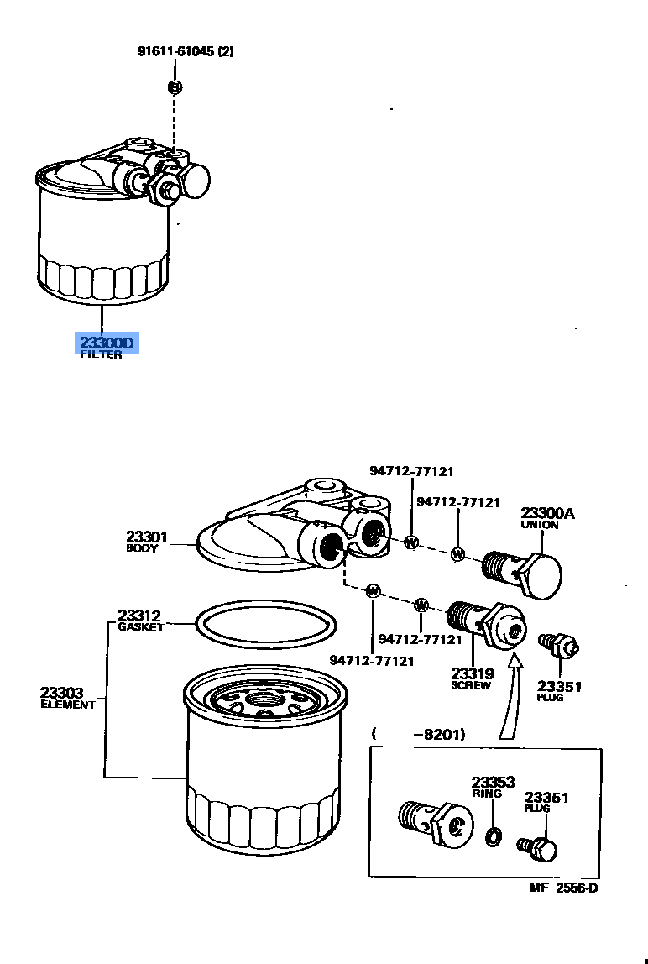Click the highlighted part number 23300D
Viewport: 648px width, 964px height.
click(x=106, y=343)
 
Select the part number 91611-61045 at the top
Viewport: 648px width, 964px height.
click(x=186, y=51)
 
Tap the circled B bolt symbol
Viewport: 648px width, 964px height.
click(x=175, y=86)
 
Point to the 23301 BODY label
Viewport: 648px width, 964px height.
click(x=147, y=539)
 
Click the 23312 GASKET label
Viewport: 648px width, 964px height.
click(x=139, y=620)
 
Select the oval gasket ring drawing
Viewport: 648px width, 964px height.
click(x=265, y=625)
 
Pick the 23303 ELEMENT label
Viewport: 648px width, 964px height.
click(x=67, y=698)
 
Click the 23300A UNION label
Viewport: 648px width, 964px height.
click(x=547, y=517)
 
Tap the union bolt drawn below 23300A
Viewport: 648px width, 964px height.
click(x=524, y=571)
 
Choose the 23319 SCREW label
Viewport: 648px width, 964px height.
click(x=472, y=677)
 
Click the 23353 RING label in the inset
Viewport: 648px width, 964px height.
click(x=492, y=786)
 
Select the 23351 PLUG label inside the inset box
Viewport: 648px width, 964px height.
click(x=546, y=801)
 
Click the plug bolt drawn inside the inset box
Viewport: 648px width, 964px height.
click(x=538, y=849)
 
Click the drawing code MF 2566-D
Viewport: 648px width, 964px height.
click(x=563, y=888)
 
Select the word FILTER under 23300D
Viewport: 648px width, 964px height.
click(x=101, y=355)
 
